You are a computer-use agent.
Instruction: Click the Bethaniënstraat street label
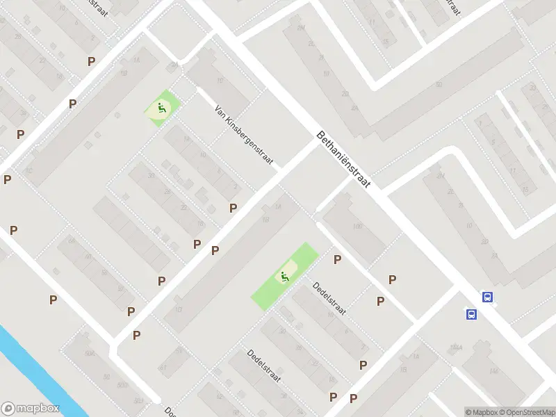345,159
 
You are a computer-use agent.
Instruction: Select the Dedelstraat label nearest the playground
329,299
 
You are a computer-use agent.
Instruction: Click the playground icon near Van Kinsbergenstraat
161,108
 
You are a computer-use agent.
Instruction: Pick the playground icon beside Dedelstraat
284,277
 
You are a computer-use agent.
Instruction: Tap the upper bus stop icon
488,297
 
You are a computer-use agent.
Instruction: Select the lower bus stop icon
471,314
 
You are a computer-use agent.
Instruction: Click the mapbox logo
31,408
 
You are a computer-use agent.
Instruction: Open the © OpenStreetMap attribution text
526,412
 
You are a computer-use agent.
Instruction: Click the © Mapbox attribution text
482,412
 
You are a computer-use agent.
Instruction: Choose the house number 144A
456,347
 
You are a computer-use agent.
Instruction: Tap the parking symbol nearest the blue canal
53,300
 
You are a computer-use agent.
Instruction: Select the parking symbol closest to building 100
338,260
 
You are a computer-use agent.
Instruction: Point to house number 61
164,366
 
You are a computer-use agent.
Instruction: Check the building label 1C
29,170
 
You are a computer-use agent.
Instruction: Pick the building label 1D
179,309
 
